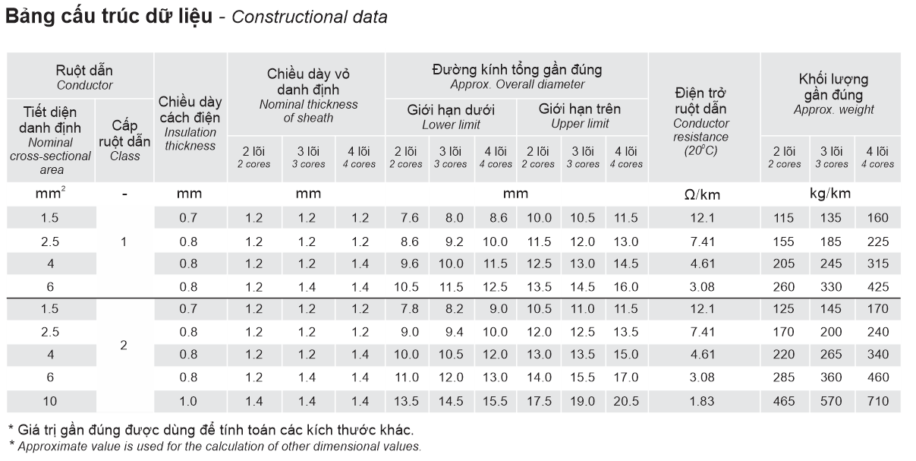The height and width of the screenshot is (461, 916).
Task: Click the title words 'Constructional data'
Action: coord(309,17)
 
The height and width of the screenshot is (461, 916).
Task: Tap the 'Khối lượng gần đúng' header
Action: coord(833,87)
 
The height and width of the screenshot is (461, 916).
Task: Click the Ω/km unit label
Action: coord(701,194)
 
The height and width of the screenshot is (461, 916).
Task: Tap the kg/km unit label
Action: coord(830,194)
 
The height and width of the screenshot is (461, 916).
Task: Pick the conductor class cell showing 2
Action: coord(124,345)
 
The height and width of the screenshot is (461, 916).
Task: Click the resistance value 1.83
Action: coord(701,401)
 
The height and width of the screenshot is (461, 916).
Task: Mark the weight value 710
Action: coord(877,401)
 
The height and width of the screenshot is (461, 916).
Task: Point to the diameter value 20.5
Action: coord(626,401)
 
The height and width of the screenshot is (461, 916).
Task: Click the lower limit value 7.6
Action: coord(409,218)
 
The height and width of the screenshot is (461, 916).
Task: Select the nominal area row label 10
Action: coord(49,401)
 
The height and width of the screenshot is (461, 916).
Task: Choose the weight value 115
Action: coord(783,218)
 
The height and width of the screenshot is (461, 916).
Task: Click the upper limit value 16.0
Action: coord(626,287)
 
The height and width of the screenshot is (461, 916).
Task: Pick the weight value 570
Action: coord(830,401)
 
